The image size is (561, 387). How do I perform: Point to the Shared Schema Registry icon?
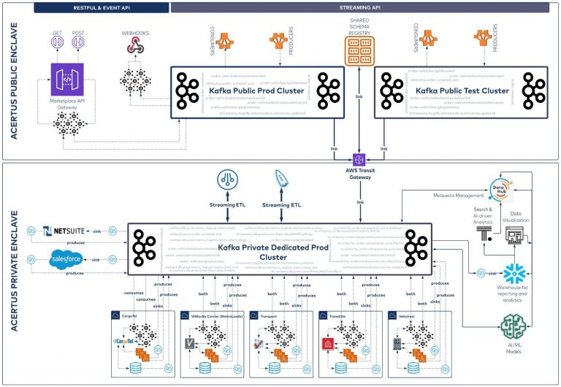point(359,50)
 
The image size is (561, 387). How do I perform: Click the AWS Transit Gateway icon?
point(359,158)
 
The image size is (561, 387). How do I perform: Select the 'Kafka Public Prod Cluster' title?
point(251,91)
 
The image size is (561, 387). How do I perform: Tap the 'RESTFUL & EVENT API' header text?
point(102,7)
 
